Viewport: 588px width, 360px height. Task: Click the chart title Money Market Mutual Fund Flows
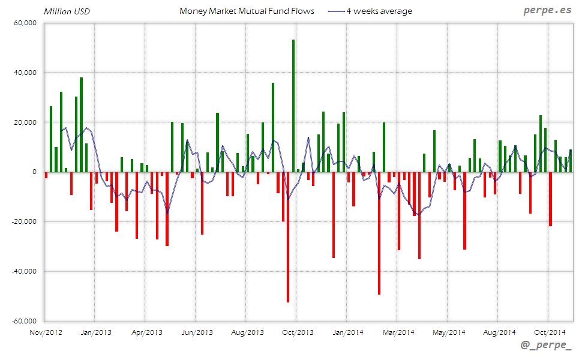(x=247, y=11)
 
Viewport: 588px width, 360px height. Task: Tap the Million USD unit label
(x=67, y=11)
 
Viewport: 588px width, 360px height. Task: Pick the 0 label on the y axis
(x=35, y=172)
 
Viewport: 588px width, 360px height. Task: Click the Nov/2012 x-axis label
(x=46, y=332)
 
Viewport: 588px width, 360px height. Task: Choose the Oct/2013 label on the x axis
(x=298, y=332)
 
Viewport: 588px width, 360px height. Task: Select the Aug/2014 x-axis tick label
(x=499, y=332)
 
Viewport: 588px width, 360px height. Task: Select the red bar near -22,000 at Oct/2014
(x=550, y=199)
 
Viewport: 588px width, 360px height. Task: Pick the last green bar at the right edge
(x=571, y=161)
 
